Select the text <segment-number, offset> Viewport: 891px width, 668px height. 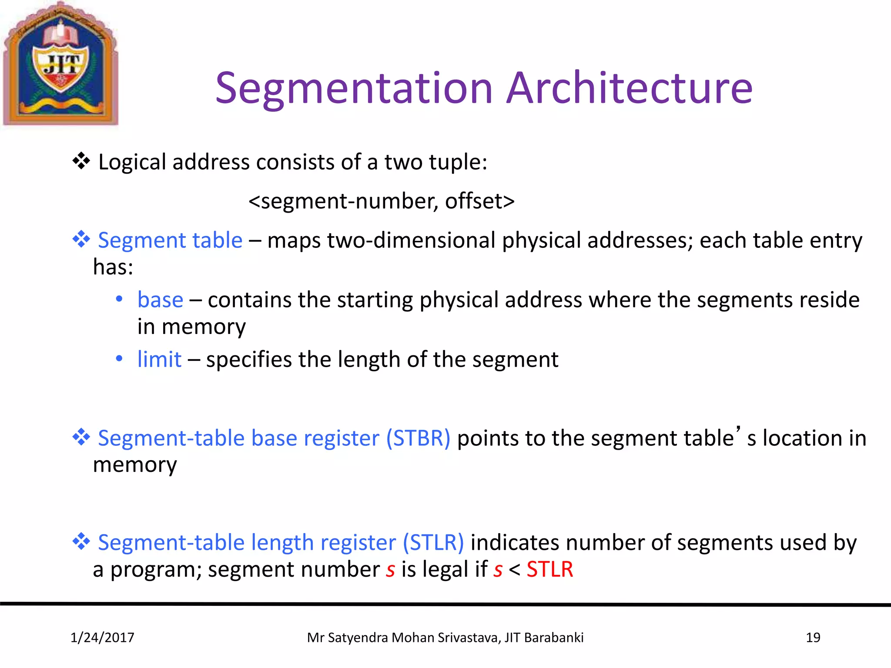382,201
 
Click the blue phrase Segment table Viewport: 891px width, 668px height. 170,240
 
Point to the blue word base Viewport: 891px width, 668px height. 160,300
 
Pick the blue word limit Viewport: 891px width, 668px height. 159,360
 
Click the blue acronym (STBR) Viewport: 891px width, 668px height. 418,438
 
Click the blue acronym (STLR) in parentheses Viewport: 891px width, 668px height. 433,543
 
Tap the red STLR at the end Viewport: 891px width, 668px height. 549,570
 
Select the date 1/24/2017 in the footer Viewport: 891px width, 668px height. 102,638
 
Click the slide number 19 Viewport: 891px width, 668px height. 813,638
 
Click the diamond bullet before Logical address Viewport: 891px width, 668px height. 81,161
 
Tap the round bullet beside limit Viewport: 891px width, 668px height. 119,359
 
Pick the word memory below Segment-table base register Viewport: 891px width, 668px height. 135,465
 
